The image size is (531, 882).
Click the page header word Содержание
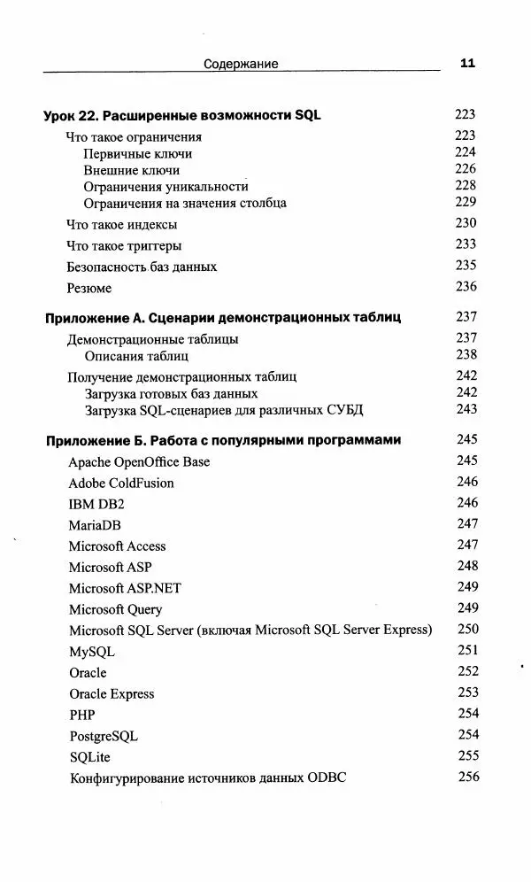point(241,64)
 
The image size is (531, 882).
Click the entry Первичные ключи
point(137,154)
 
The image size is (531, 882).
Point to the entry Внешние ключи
point(131,170)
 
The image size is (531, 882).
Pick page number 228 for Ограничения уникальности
point(466,185)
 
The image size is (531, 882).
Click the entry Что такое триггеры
point(124,246)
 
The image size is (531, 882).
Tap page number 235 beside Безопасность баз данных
point(466,265)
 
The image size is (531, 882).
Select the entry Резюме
point(89,288)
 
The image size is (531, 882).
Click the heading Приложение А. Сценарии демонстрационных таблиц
point(222,318)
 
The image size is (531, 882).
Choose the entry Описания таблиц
point(136,356)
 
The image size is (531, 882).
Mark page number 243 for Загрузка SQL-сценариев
point(466,409)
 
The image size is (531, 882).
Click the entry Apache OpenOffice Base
point(139,462)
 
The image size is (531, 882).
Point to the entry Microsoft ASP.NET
point(125,588)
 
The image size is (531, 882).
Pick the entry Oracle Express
point(112,693)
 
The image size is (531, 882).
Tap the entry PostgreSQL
point(103,736)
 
